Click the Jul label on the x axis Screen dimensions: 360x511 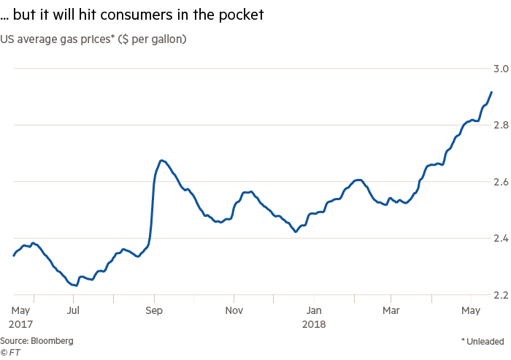tap(73, 309)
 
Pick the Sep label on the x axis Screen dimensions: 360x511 tap(153, 309)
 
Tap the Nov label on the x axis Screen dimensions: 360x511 tap(234, 309)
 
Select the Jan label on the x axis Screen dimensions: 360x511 tap(314, 309)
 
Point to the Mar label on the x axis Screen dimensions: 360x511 tap(391, 309)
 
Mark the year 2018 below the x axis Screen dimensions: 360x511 tap(314, 323)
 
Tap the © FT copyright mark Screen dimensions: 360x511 tap(10, 352)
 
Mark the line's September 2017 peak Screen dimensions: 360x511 tap(161, 160)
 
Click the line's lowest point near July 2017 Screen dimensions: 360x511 tap(76, 286)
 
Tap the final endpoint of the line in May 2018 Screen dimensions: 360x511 tap(492, 92)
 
